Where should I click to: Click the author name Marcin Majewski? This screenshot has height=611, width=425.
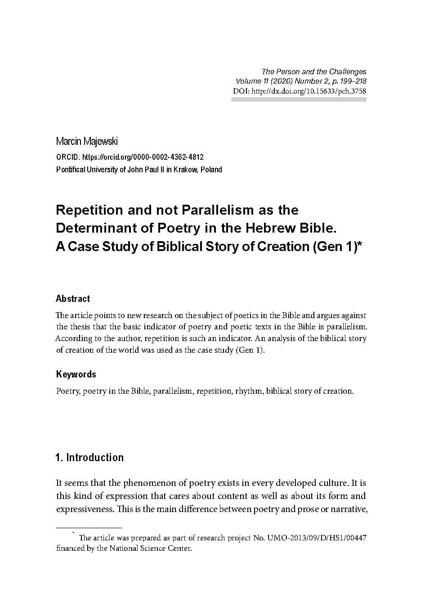click(x=87, y=141)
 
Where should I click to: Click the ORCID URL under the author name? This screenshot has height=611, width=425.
click(x=143, y=157)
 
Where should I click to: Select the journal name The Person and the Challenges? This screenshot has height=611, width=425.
click(x=314, y=72)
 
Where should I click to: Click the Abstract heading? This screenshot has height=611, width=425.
click(x=73, y=299)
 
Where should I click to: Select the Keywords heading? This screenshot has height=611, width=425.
click(x=76, y=374)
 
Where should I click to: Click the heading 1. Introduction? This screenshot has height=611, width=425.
click(x=89, y=458)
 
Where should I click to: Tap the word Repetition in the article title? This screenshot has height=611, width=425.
click(x=89, y=210)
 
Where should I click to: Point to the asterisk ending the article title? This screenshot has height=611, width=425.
click(x=359, y=245)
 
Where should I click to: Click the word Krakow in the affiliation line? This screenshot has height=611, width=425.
click(x=183, y=170)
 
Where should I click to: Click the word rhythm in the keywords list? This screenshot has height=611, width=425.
click(x=249, y=391)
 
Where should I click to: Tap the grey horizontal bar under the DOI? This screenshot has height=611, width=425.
click(x=299, y=99)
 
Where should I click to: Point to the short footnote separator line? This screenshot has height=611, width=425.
click(x=89, y=527)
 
